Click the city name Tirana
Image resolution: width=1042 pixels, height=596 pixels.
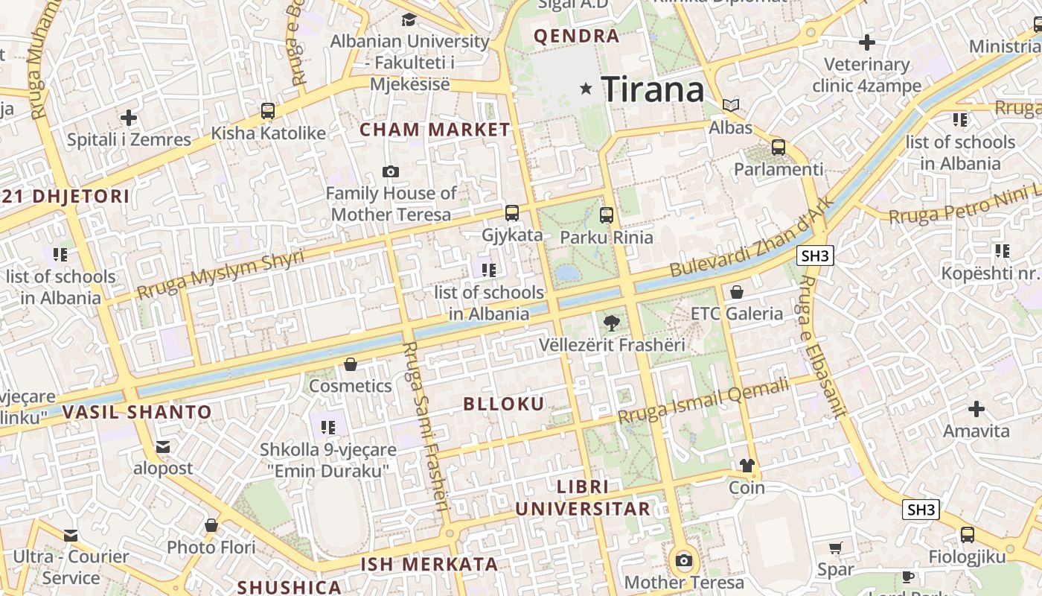(x=653, y=89)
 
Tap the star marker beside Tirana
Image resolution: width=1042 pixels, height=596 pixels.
(x=586, y=89)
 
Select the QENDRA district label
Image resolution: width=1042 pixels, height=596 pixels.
(x=577, y=36)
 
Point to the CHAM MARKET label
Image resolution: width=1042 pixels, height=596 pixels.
(x=435, y=130)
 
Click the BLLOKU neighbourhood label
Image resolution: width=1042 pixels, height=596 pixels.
(x=504, y=404)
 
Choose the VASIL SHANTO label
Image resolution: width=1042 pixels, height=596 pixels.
(x=137, y=412)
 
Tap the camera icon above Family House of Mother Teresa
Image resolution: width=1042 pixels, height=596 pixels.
(x=391, y=172)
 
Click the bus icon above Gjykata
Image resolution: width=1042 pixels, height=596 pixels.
(x=512, y=213)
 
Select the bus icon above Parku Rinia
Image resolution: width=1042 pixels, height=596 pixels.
(x=607, y=216)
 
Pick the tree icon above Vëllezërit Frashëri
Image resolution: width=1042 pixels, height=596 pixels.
(x=611, y=323)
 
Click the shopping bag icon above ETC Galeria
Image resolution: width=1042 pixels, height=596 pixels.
(x=737, y=292)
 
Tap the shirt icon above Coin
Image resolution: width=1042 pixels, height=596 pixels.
(x=747, y=466)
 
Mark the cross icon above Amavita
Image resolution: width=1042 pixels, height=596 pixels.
(x=977, y=409)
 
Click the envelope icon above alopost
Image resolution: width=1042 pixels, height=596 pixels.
(x=163, y=447)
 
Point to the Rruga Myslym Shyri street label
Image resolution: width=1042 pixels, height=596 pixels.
(x=220, y=275)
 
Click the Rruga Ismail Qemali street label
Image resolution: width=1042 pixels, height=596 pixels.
(x=703, y=402)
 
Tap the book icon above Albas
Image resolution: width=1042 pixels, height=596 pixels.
(x=731, y=106)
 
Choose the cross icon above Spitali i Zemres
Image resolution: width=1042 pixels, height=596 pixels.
(x=129, y=118)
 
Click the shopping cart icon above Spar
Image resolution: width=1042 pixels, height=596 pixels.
(x=836, y=548)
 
